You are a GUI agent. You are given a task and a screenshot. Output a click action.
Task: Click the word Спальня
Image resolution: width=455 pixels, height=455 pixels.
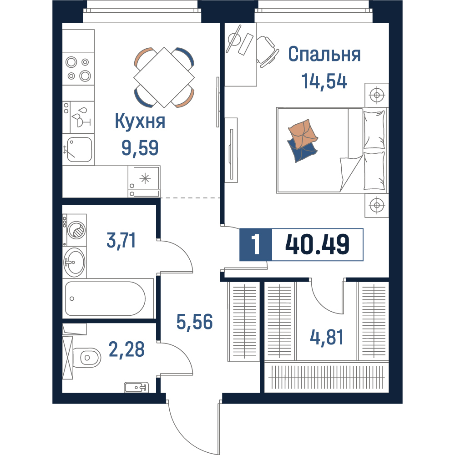pos(324,54)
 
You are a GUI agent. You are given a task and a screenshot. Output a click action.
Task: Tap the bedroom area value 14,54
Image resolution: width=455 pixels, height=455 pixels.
pos(324,81)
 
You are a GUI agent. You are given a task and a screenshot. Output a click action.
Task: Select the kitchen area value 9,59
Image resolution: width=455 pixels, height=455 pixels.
pos(140,148)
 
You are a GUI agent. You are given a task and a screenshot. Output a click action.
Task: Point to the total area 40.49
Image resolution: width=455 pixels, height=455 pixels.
pos(317,245)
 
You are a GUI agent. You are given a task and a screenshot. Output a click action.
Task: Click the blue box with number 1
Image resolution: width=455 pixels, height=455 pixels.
pos(256,245)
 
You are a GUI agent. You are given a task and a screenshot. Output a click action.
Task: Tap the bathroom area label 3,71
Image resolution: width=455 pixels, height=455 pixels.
pos(121,240)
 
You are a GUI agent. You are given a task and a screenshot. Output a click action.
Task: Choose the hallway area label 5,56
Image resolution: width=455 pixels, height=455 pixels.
pos(194,322)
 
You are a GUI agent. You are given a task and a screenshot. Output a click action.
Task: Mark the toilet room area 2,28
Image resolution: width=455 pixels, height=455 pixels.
pos(126,349)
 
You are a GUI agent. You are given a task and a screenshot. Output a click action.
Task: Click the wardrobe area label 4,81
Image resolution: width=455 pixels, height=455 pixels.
pos(327,337)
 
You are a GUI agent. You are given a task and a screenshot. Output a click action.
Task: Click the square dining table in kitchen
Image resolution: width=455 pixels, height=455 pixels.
pos(164,77)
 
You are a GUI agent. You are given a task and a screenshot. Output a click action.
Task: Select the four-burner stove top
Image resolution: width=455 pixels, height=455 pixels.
pos(78,69)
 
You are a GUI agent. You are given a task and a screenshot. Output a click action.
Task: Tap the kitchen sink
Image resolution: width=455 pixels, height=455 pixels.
pos(79,149)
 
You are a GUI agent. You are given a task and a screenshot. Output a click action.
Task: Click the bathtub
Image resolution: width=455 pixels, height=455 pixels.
pos(105,298)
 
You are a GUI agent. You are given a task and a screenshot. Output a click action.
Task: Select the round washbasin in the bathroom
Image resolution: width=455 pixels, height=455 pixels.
pos(75,263)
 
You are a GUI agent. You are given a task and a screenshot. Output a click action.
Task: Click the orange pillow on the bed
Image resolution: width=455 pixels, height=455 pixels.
pos(303,133)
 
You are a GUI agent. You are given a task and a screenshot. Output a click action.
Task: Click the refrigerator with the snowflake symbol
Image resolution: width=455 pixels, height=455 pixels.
pos(144,182)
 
